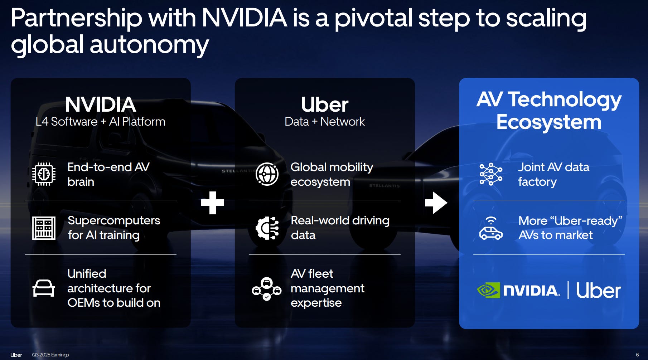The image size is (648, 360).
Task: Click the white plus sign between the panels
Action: (x=213, y=203)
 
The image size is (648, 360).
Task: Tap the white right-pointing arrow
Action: (x=436, y=203)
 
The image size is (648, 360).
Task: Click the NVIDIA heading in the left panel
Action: (x=101, y=104)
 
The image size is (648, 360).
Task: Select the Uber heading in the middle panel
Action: (x=324, y=104)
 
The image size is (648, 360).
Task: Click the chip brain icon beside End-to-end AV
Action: (x=44, y=174)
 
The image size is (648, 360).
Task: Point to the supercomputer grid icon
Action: (x=44, y=228)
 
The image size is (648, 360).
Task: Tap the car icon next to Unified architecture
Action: (x=44, y=288)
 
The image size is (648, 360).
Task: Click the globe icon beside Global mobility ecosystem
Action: (x=267, y=174)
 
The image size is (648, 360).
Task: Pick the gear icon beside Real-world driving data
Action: (x=267, y=228)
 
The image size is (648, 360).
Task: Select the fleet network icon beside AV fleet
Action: (x=267, y=288)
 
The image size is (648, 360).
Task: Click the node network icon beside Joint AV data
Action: (x=491, y=174)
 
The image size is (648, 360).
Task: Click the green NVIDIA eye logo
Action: (x=488, y=290)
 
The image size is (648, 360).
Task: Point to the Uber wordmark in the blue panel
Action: (x=598, y=291)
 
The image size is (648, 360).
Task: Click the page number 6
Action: (x=637, y=355)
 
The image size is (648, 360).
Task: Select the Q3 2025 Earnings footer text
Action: (x=50, y=355)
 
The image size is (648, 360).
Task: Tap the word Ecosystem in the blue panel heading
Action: (x=549, y=122)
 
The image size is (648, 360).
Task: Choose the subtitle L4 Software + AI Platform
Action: (x=101, y=122)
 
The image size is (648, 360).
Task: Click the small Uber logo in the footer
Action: (x=16, y=355)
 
